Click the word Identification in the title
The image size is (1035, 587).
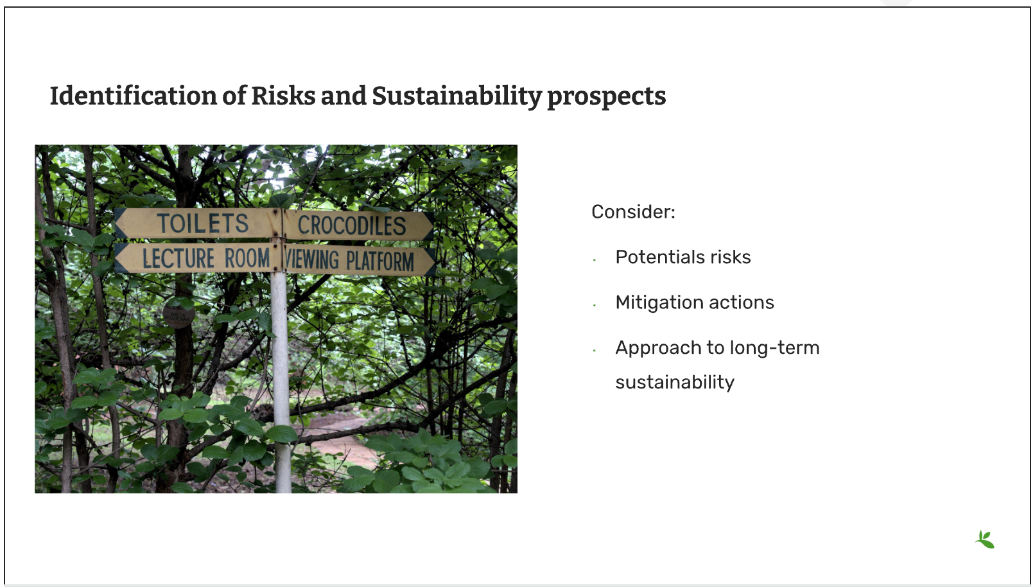[x=134, y=96]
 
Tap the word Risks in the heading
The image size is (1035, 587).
[x=283, y=96]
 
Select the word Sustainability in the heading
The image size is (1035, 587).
[x=457, y=96]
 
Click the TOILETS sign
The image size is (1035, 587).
[x=198, y=223]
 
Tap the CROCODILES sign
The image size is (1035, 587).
[x=358, y=226]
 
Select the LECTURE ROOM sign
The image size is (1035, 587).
[x=198, y=258]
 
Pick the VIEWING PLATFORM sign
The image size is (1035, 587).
[x=360, y=260]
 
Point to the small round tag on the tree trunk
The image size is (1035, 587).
[x=178, y=315]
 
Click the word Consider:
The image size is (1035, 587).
[x=633, y=212]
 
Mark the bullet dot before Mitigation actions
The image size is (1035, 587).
[x=595, y=306]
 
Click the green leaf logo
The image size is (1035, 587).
[x=985, y=539]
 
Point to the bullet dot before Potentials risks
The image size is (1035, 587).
[x=595, y=260]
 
